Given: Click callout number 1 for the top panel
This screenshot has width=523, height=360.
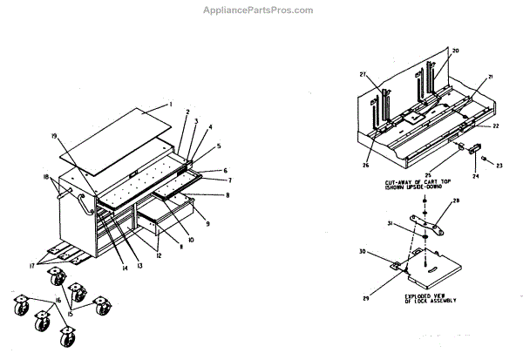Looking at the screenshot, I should tap(172, 104).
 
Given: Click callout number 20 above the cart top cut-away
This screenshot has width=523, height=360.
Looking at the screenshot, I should tap(454, 51).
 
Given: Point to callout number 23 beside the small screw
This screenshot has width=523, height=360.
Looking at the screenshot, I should tap(501, 164).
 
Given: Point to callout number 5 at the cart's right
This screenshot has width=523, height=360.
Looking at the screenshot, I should tap(219, 146).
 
